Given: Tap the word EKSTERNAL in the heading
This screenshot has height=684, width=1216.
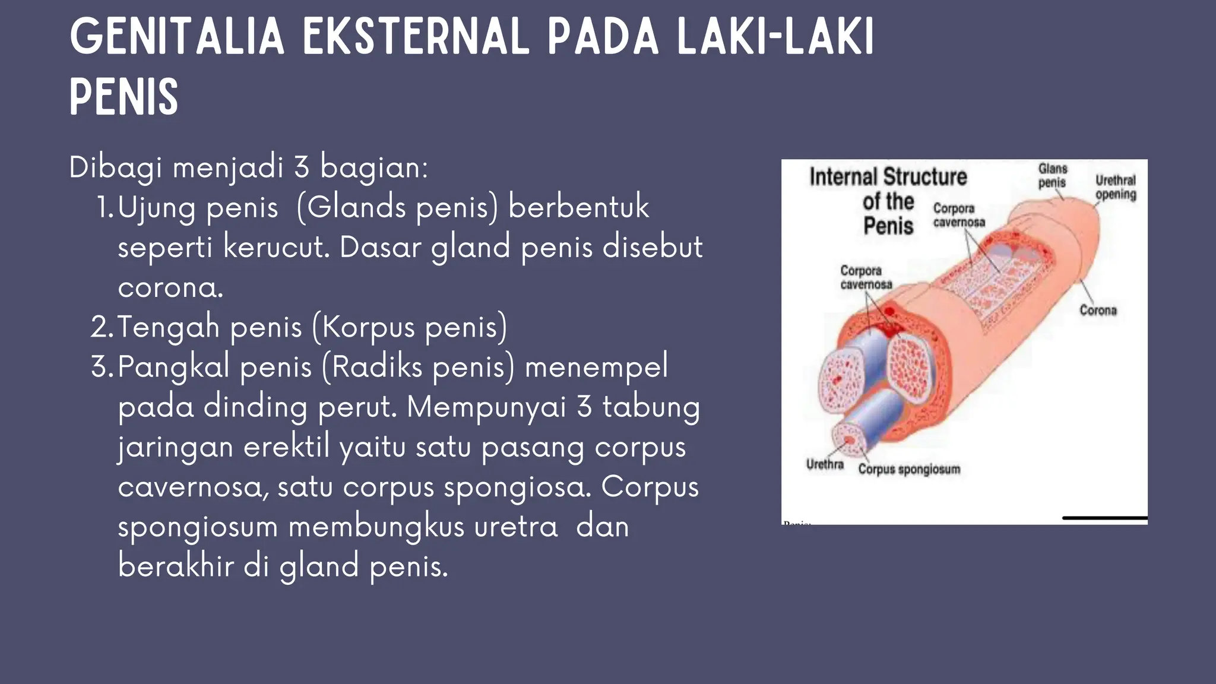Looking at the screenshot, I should [x=416, y=37].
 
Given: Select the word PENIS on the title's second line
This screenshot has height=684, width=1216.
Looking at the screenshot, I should [x=124, y=97].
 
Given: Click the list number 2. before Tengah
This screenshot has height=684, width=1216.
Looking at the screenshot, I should [x=102, y=327].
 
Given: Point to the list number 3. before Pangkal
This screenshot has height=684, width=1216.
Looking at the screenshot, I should [x=102, y=366].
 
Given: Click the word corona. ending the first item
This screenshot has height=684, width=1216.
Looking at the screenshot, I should [x=170, y=287].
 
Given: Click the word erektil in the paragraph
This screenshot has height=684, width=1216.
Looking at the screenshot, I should [x=286, y=446].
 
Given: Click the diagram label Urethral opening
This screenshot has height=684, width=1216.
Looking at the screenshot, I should [x=1116, y=187].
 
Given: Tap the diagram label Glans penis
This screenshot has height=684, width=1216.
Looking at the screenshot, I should [x=1052, y=176].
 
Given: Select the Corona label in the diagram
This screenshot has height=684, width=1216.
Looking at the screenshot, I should [x=1098, y=310].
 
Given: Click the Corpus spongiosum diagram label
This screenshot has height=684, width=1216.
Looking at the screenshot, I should [x=908, y=469].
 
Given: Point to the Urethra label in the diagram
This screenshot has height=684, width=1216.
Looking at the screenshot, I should [x=825, y=464].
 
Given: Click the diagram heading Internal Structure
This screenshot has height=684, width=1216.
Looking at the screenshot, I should [x=888, y=177].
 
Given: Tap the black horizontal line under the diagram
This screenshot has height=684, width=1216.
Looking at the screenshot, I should [x=1104, y=518].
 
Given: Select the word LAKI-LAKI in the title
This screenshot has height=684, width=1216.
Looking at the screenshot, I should [x=775, y=37].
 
